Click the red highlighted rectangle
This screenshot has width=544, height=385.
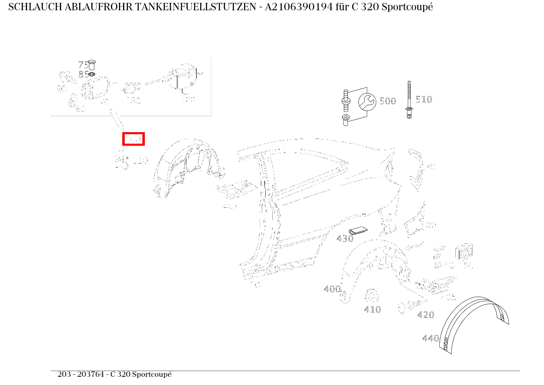point(133,139)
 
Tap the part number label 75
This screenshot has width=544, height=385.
point(83,65)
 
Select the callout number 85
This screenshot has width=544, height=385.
point(83,74)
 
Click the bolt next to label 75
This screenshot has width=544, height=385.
point(92,64)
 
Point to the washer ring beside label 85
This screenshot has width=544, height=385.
point(92,74)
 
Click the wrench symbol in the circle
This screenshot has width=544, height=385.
point(367,102)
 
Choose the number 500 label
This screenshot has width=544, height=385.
point(388,101)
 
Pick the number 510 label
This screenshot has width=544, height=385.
point(423,99)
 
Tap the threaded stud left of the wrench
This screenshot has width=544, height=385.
point(345,101)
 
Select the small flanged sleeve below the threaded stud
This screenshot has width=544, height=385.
point(345,120)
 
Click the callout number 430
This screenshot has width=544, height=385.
point(345,238)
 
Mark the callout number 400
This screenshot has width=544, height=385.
point(332,289)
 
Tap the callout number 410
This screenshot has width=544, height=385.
point(372,309)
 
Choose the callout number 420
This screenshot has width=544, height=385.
point(425,315)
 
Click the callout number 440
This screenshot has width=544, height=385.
point(430,338)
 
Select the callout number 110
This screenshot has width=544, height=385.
point(139,160)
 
